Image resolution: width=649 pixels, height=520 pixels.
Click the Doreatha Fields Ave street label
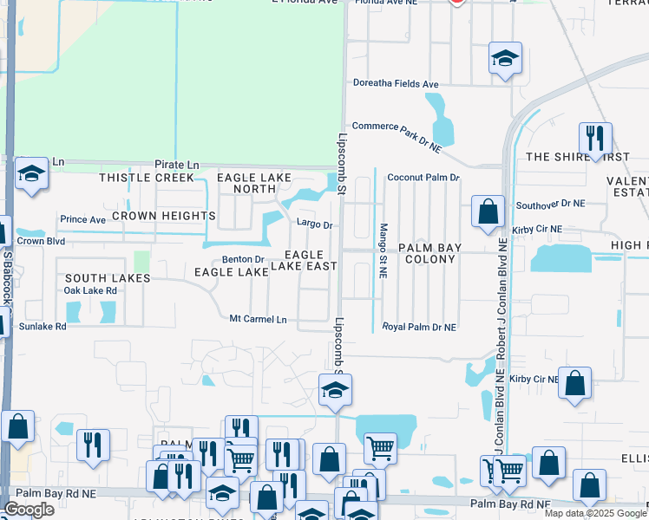pyautogui.click(x=396, y=84)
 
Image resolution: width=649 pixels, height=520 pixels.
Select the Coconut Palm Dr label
pyautogui.click(x=423, y=177)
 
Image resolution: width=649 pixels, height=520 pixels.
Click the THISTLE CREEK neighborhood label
pyautogui.click(x=147, y=178)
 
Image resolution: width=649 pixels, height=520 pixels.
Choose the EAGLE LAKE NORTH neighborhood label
pyautogui.click(x=253, y=183)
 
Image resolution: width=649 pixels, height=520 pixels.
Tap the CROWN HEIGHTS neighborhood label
pyautogui.click(x=163, y=216)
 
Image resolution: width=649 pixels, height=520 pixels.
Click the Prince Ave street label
pyautogui.click(x=82, y=220)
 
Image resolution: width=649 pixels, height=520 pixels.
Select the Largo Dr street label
pyautogui.click(x=314, y=224)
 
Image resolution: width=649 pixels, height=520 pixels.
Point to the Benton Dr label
pyautogui.click(x=243, y=259)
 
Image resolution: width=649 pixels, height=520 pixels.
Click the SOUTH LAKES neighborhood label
pyautogui.click(x=107, y=278)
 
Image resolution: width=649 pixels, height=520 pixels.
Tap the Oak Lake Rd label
pyautogui.click(x=90, y=290)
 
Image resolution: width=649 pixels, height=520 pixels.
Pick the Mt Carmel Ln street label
pyautogui.click(x=258, y=319)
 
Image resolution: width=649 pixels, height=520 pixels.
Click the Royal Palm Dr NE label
pyautogui.click(x=419, y=328)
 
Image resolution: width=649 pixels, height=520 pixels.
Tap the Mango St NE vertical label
pyautogui.click(x=383, y=250)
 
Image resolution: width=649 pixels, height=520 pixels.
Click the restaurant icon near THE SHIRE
pyautogui.click(x=595, y=139)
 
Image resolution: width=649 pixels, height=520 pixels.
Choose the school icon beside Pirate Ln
pyautogui.click(x=31, y=174)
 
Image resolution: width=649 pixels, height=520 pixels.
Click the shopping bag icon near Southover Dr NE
pyautogui.click(x=488, y=211)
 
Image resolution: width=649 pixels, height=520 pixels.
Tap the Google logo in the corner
pyautogui.click(x=29, y=510)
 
